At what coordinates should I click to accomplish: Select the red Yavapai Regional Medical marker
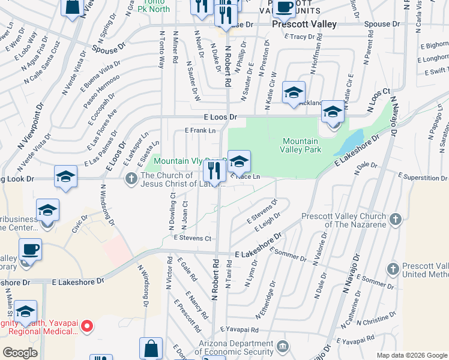click(87, 326)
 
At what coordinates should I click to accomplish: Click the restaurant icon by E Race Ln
click(214, 170)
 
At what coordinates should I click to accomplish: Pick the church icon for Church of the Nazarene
click(395, 220)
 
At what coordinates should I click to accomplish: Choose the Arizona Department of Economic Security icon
click(282, 346)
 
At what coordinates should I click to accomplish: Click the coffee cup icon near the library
click(29, 249)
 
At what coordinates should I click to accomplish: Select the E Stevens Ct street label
click(192, 238)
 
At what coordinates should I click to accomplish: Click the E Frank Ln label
click(200, 130)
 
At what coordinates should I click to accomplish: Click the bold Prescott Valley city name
click(304, 25)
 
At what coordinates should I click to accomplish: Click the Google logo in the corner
click(20, 352)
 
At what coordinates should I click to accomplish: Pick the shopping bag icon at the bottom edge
click(151, 349)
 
